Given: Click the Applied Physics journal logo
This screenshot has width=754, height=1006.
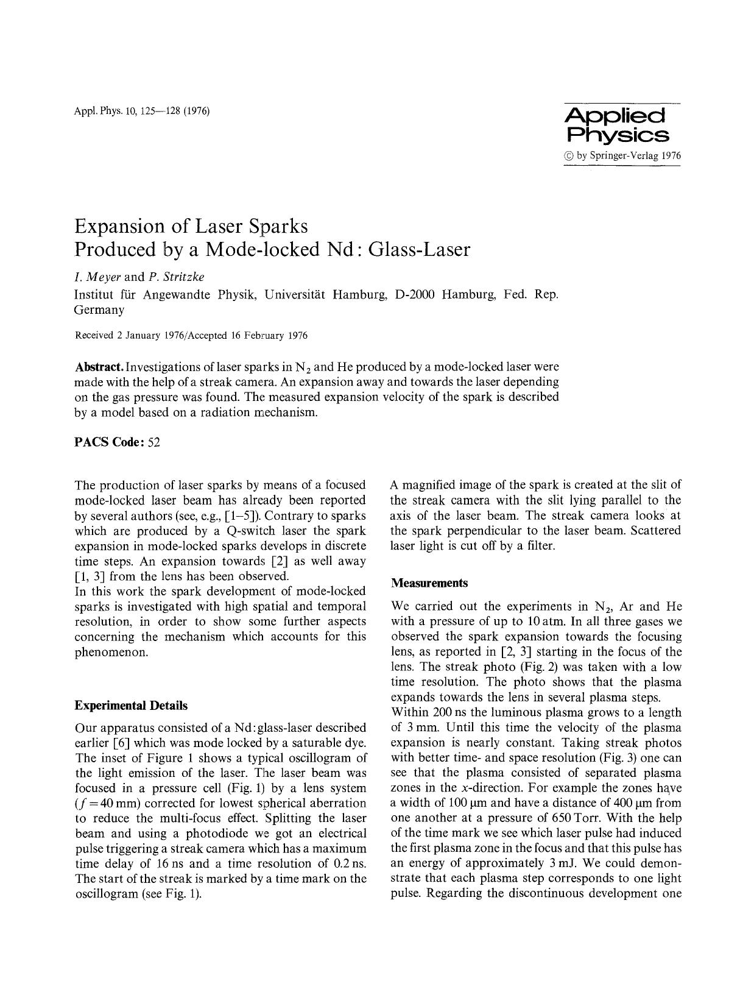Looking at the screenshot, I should (x=616, y=126).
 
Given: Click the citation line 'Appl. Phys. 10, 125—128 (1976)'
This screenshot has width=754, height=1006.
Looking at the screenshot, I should (x=142, y=112).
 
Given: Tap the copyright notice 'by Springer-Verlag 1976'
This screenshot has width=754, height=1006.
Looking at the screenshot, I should (x=622, y=155).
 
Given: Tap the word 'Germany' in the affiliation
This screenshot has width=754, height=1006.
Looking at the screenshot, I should (x=99, y=310).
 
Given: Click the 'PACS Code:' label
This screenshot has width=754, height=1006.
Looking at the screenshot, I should (x=109, y=442).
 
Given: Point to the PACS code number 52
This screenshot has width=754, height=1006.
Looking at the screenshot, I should (x=153, y=442).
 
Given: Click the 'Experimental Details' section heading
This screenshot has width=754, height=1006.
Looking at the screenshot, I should (x=131, y=706).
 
